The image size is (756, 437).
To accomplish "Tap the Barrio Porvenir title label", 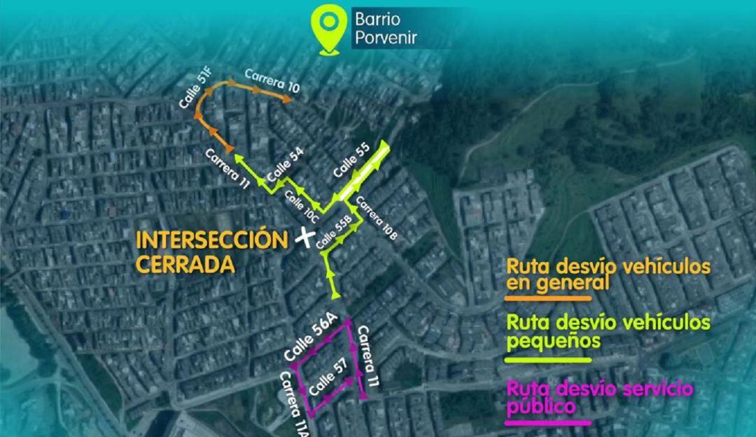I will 385,28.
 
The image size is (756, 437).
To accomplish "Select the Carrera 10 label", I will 272,81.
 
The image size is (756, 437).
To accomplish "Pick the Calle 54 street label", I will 286,165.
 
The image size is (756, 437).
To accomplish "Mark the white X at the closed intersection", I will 304,238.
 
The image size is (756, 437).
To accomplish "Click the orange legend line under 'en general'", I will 549,298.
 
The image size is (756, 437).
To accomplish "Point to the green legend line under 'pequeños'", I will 549,360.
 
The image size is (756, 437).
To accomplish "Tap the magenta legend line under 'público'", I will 549,422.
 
